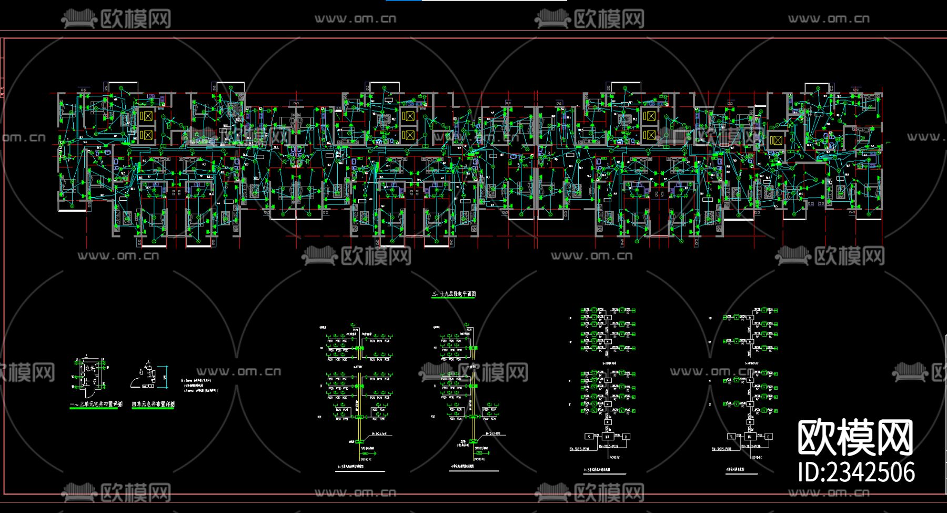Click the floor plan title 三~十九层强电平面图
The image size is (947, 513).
pyautogui.click(x=454, y=294)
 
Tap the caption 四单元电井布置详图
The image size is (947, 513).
pyautogui.click(x=153, y=405)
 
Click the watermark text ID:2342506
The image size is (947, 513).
pyautogui.click(x=856, y=472)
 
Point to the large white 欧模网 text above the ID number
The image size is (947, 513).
pyautogui.click(x=855, y=437)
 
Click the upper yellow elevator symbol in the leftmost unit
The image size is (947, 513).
pyautogui.click(x=147, y=116)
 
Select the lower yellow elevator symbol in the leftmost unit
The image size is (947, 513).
pyautogui.click(x=147, y=136)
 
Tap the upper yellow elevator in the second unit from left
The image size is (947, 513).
pyautogui.click(x=408, y=116)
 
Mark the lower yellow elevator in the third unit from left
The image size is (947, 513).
pyautogui.click(x=649, y=136)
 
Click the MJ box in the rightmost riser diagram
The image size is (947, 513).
pyautogui.click(x=749, y=437)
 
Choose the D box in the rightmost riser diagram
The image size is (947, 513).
pyautogui.click(x=769, y=437)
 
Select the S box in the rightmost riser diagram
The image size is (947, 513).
pyautogui.click(x=731, y=437)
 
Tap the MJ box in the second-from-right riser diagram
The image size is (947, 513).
pyautogui.click(x=607, y=437)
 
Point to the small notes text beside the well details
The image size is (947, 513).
pyautogui.click(x=199, y=385)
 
